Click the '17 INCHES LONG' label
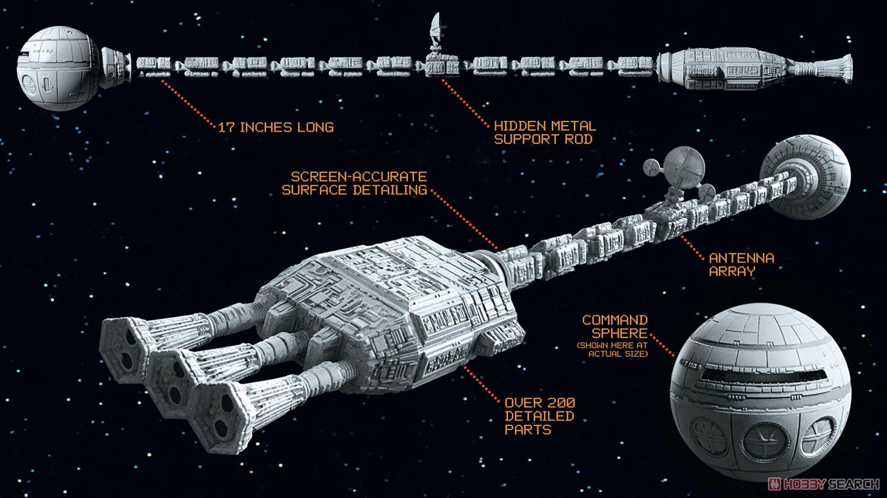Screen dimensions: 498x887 (276, 127)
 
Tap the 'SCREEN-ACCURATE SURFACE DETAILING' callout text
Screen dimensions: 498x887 (359, 183)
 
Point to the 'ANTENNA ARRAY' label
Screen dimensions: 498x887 (741, 265)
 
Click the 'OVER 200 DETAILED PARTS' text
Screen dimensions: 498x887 (539, 416)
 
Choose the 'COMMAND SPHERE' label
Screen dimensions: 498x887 (615, 327)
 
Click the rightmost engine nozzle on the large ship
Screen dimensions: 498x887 (220, 411)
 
